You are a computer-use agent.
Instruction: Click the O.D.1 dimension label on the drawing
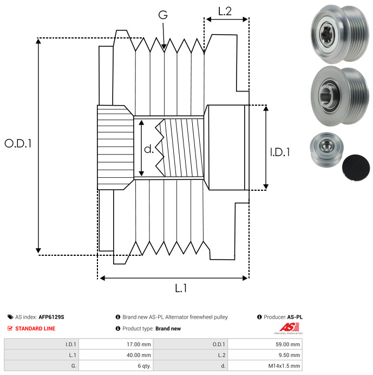[x=18, y=143]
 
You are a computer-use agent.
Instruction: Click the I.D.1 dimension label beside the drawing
[x=280, y=152]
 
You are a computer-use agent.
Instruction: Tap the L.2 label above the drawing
[x=225, y=11]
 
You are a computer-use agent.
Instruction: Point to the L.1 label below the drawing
[x=181, y=288]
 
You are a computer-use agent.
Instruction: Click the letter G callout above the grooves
[x=163, y=15]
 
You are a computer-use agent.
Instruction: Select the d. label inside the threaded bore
[x=149, y=149]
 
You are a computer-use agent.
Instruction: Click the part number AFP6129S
[x=51, y=317]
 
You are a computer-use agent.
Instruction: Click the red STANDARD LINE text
[x=35, y=328]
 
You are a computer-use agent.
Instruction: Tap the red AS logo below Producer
[x=289, y=328]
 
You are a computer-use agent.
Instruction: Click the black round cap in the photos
[x=356, y=167]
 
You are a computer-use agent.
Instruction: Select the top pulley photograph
[x=339, y=34]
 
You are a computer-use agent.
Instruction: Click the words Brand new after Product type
[x=168, y=328]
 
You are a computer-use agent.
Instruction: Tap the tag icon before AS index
[x=10, y=317]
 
